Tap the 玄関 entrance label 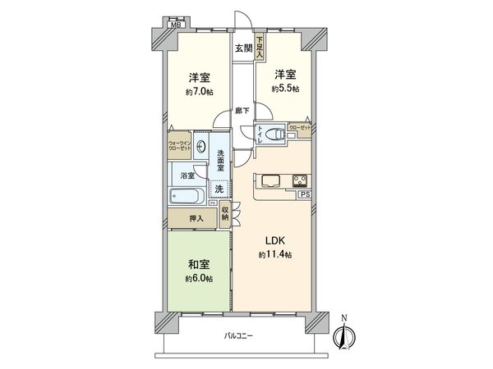[243, 48]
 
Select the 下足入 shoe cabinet [259, 43]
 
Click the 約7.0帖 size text [199, 93]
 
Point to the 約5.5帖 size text [287, 88]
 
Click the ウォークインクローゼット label [180, 147]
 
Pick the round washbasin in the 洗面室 [202, 151]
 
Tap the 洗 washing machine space [219, 189]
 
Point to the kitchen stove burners [298, 180]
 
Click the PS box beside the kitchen [304, 195]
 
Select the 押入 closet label [196, 219]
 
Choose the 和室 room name [199, 265]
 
